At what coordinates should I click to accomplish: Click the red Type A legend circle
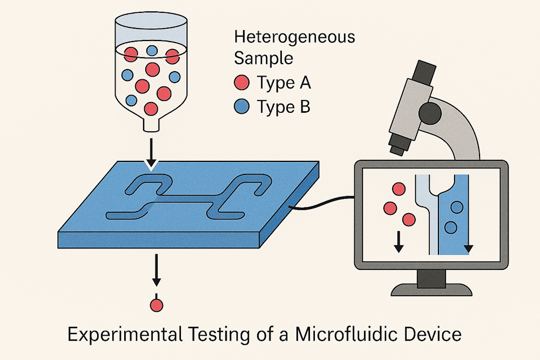pyautogui.click(x=242, y=83)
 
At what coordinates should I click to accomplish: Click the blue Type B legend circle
pyautogui.click(x=242, y=107)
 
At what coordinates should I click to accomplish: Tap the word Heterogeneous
pyautogui.click(x=295, y=38)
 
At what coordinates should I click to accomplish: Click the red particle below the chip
pyautogui.click(x=157, y=305)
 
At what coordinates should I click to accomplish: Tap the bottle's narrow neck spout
pyautogui.click(x=151, y=125)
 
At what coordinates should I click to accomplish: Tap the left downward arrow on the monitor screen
pyautogui.click(x=398, y=242)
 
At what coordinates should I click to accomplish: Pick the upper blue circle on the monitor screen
pyautogui.click(x=457, y=207)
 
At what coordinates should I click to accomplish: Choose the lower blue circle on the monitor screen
pyautogui.click(x=450, y=227)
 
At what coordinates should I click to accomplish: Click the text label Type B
pyautogui.click(x=283, y=107)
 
